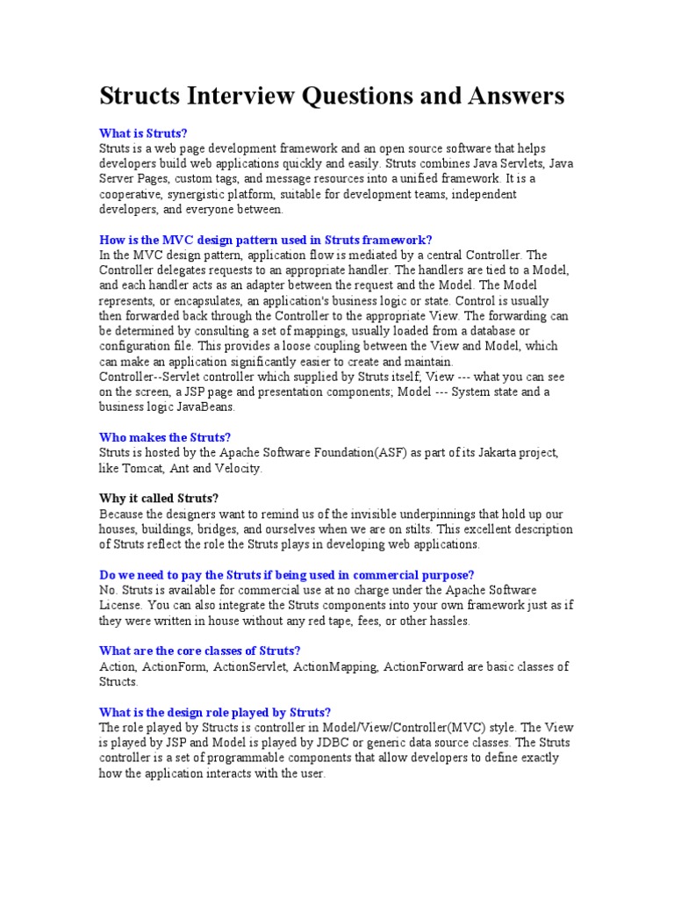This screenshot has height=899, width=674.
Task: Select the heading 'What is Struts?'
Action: pos(143,133)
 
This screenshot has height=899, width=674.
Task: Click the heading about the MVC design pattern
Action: pos(266,239)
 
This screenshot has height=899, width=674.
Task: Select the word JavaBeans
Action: pos(207,407)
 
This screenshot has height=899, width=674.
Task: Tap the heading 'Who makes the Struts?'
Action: pos(165,437)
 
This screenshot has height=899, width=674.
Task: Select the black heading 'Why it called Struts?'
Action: pos(159,499)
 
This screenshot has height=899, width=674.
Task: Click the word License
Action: pos(120,605)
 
